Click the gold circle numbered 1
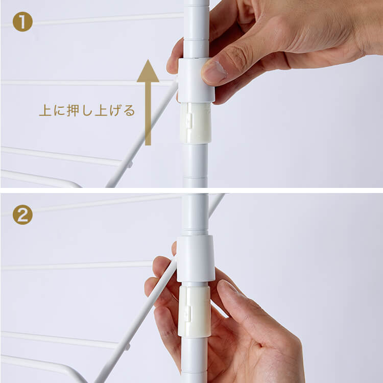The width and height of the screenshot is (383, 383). point(22,22)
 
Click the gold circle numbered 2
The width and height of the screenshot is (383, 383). point(22,214)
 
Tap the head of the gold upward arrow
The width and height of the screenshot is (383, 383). point(148,71)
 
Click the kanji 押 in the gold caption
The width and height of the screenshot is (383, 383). point(73,110)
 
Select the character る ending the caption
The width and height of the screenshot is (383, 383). point(129,111)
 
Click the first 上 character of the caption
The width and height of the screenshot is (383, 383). point(45,110)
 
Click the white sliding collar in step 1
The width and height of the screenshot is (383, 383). point(196,80)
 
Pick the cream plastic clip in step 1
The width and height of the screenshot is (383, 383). point(196,123)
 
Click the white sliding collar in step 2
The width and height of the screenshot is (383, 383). point(196,258)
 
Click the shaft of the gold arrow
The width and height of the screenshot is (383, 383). point(148,113)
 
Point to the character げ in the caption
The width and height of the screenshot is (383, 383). point(115,110)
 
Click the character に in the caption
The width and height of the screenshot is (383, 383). point(59,111)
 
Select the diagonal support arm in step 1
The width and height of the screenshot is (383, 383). point(141,133)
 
